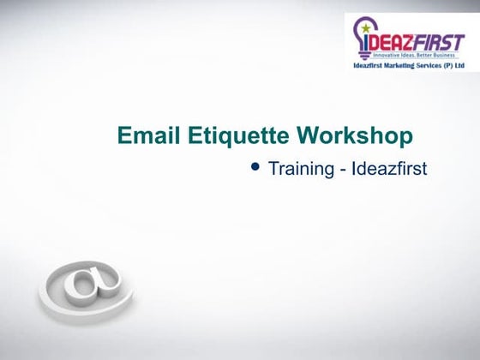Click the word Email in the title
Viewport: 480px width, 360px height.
pos(144,136)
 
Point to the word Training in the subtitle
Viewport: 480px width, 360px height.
pos(301,168)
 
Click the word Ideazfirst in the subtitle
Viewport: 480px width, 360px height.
pos(389,168)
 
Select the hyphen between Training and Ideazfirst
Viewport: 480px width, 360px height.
pos(343,169)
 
